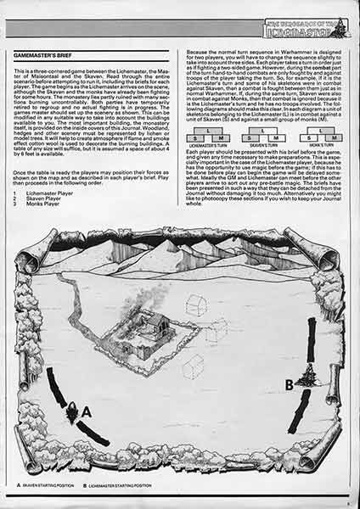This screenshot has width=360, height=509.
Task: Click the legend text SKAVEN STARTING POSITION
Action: click(52, 484)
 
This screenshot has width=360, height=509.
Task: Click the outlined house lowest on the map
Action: click(193, 366)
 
